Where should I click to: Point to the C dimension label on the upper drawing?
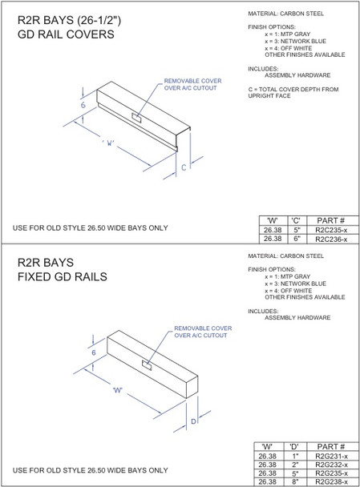coord(184,168)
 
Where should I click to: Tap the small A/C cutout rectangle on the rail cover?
coord(138,119)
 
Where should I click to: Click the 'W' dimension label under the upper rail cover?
coord(110,143)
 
